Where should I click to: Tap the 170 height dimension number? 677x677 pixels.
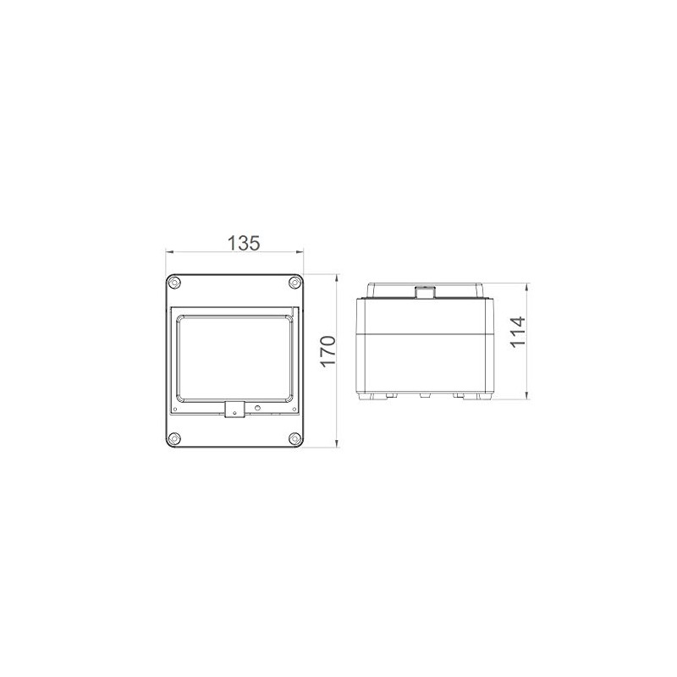coord(328,351)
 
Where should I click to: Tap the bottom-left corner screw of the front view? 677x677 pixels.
coord(173,438)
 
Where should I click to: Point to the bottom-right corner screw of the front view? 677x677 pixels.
coord(294,438)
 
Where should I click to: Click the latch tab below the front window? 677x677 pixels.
coord(234,410)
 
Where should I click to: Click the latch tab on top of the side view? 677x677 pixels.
coord(422,293)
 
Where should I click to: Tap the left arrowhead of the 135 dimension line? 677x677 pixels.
coord(168,252)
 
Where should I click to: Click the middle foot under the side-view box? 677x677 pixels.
coord(422,394)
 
